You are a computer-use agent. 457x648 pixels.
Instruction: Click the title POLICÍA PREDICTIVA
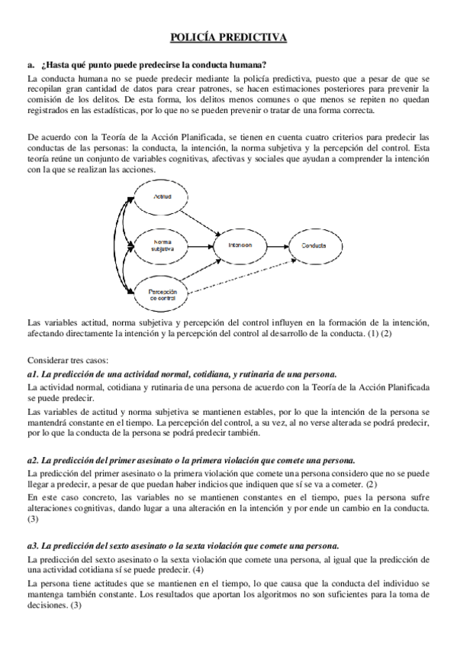click(x=228, y=36)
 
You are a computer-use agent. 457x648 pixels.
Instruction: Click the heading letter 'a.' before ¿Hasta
click(x=30, y=63)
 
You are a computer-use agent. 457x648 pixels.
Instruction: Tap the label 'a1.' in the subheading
click(x=33, y=374)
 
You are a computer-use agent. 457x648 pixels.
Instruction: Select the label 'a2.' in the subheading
click(x=33, y=461)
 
